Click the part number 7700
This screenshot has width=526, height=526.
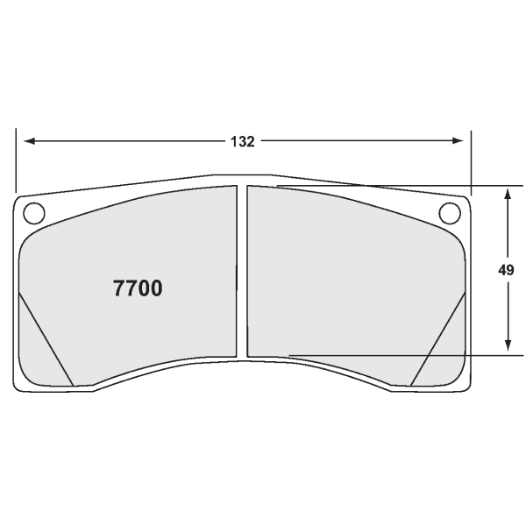tap(138, 288)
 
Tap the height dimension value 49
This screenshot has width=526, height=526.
tap(506, 270)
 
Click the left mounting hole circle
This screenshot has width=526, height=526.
tap(33, 212)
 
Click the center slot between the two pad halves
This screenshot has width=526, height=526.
tap(242, 272)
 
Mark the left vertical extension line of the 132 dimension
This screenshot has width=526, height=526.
tap(16, 162)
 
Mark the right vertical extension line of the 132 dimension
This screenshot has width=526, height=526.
tap(471, 162)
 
